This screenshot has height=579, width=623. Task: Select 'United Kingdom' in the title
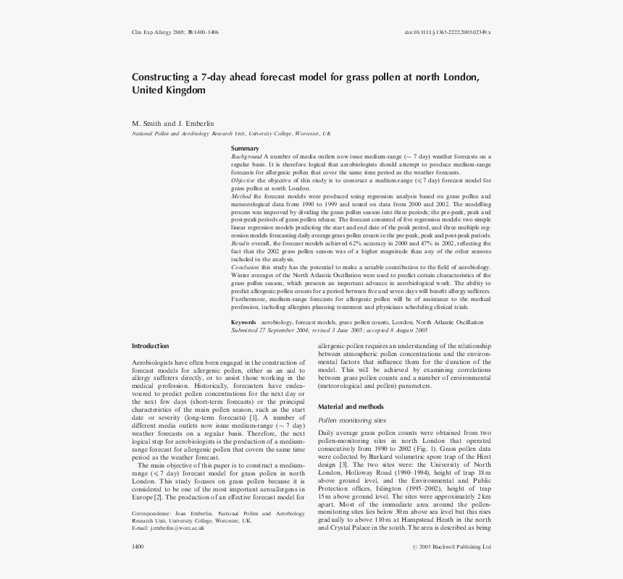(168, 90)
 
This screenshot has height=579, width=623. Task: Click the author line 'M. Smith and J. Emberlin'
(172, 124)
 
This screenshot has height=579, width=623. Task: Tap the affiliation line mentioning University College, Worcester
(231, 134)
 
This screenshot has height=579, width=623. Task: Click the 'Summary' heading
(245, 148)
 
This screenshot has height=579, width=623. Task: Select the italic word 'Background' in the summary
(246, 156)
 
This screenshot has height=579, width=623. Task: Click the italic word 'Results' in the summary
(241, 244)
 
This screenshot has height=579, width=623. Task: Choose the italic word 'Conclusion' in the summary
(245, 267)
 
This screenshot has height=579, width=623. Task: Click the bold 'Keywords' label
(243, 322)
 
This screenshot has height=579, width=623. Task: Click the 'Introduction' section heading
(150, 346)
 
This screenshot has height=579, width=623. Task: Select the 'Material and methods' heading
(351, 407)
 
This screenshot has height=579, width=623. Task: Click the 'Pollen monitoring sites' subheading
(352, 420)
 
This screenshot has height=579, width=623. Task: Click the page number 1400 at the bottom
(138, 546)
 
